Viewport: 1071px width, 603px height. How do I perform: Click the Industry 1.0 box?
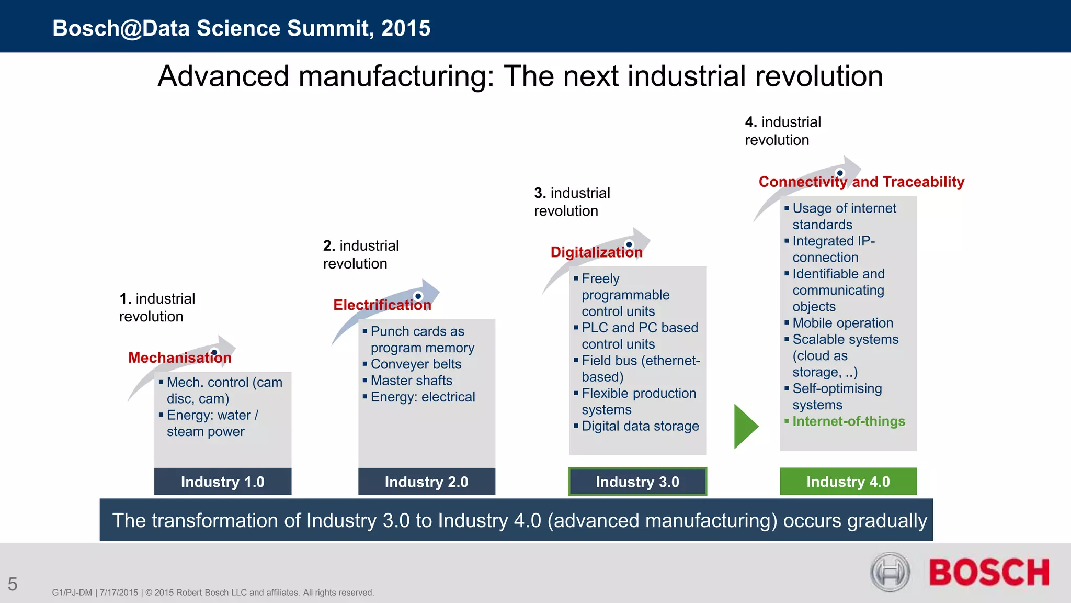click(x=223, y=482)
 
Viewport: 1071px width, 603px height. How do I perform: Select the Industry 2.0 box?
click(x=427, y=482)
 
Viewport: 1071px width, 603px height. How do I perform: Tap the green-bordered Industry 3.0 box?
click(x=637, y=482)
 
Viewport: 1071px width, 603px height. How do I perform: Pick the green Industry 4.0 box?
click(x=848, y=482)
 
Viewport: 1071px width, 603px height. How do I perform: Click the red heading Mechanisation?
click(x=180, y=358)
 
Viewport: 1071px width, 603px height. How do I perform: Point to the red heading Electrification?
click(x=382, y=305)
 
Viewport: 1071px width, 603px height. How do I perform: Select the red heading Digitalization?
click(x=597, y=252)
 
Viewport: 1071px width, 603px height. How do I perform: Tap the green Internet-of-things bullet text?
click(x=849, y=421)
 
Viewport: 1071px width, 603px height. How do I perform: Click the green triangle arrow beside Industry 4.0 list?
click(x=745, y=426)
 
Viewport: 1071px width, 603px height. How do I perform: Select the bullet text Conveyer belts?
click(x=416, y=364)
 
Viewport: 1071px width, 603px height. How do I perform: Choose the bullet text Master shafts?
click(x=412, y=381)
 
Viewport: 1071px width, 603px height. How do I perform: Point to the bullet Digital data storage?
click(x=640, y=426)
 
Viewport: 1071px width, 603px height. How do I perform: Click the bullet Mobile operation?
click(x=842, y=323)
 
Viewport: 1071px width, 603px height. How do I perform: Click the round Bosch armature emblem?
click(x=890, y=572)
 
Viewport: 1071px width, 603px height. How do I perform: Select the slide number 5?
click(x=13, y=584)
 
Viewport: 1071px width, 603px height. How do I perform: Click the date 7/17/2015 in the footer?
click(x=119, y=593)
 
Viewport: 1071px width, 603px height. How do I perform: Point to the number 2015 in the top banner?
click(x=406, y=28)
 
